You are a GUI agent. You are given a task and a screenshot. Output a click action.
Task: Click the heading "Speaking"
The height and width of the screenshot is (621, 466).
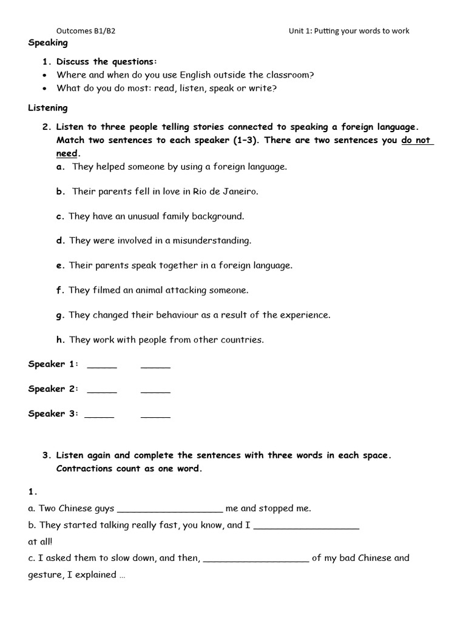point(48,43)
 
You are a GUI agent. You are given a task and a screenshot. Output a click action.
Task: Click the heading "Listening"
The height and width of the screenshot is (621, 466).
point(48,108)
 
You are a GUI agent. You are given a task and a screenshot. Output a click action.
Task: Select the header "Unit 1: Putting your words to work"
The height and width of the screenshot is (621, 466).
point(349,31)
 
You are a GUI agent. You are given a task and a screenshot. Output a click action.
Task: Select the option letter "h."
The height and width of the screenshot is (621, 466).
point(61,340)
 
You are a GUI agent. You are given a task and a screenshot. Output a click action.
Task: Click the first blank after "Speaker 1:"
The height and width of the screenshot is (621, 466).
point(102,366)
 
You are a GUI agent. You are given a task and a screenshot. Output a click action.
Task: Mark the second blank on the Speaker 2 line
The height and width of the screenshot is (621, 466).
point(155,391)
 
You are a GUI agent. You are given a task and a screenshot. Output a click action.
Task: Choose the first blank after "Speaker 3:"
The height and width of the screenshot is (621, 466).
point(99,415)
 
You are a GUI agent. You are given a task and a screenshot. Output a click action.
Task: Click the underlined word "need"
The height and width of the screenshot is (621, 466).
point(67,154)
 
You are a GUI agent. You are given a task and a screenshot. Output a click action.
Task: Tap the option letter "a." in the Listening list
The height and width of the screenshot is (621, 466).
point(61,166)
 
